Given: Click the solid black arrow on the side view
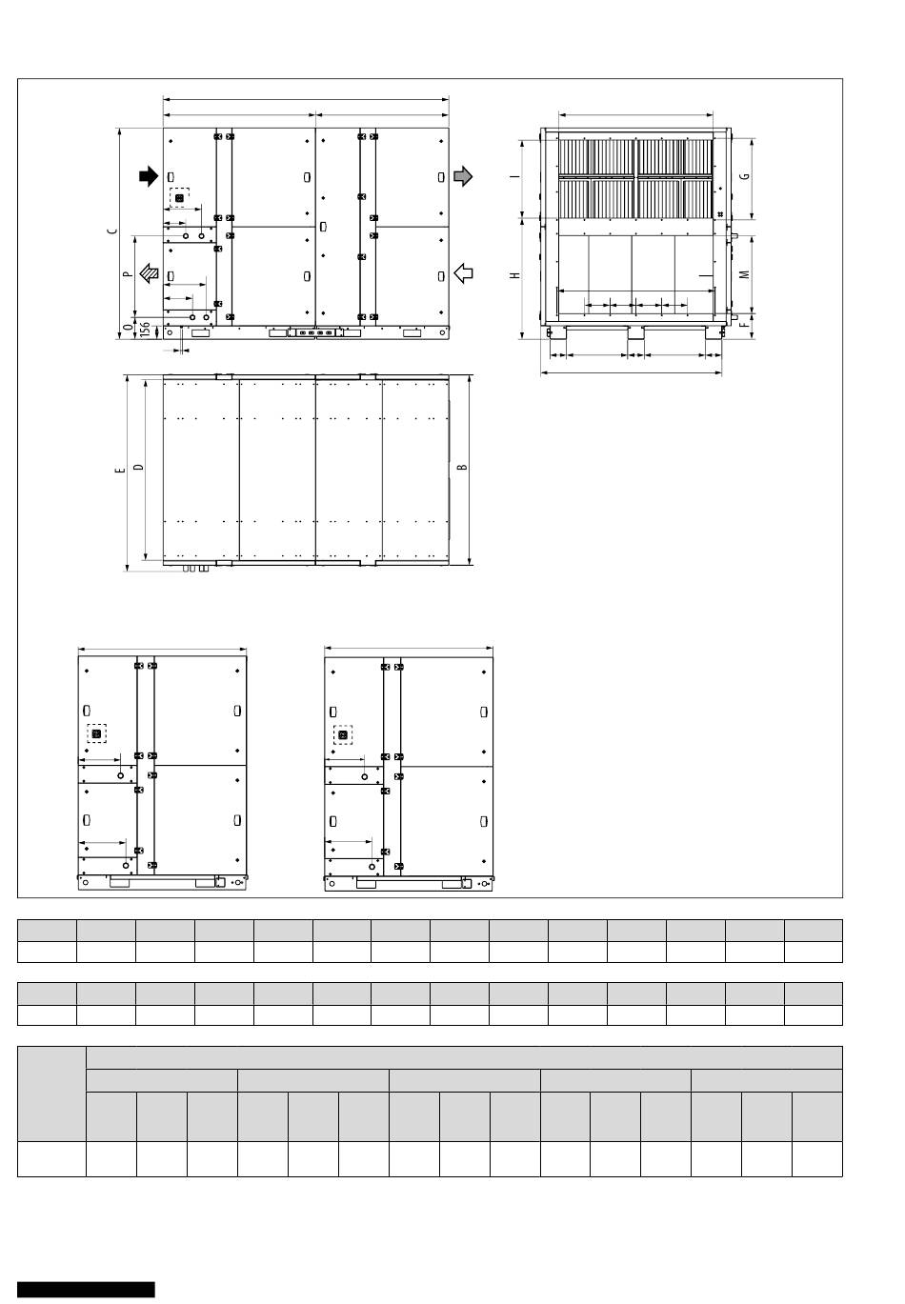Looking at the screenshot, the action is (x=149, y=176).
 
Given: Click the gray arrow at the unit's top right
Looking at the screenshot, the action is (x=463, y=176).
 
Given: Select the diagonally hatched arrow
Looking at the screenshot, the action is (x=150, y=272).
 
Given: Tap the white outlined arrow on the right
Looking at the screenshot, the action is (x=463, y=272).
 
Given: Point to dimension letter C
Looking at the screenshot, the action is (x=113, y=231).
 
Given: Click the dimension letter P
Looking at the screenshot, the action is (x=128, y=273).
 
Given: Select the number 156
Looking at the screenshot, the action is (x=146, y=329).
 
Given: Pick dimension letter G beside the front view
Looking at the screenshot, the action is (x=745, y=176).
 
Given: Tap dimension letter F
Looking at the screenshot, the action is (x=745, y=325).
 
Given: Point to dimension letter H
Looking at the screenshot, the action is (x=514, y=275).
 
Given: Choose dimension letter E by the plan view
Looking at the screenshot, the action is (x=119, y=470).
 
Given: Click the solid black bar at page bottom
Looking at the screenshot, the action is (x=86, y=1290).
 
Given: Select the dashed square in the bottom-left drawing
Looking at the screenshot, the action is (x=96, y=733).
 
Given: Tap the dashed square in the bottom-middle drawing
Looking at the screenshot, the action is (x=342, y=734).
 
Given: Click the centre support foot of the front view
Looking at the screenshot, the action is (x=635, y=333).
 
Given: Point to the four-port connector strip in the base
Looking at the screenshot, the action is (x=314, y=333).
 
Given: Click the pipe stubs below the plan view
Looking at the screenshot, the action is (x=194, y=568).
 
